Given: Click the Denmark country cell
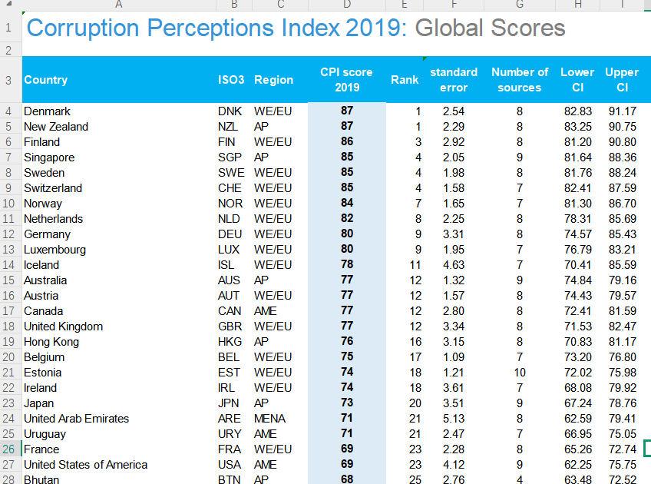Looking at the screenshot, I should point(47,111).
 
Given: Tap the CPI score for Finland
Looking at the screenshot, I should point(347,142).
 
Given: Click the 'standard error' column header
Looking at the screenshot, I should point(453,80).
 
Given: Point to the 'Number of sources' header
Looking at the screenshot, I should point(520,80).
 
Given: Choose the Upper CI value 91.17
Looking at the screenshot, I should point(621,111).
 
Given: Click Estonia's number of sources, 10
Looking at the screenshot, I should point(520,373).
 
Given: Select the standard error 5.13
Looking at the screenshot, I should point(453,419).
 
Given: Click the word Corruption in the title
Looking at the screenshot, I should point(83,28).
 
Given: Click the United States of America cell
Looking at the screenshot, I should point(85,465).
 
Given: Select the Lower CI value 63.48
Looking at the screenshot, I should point(577,479).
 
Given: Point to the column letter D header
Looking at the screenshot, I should point(347,5).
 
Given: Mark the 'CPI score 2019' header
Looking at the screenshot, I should point(347,80).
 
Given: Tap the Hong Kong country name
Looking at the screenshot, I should point(51,342).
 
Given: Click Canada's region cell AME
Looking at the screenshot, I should point(266,311).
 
